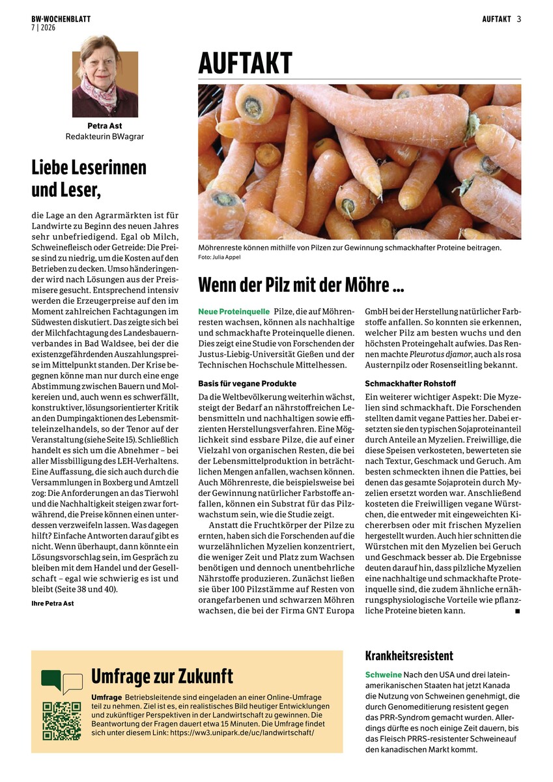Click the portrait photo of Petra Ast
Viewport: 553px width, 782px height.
tap(96, 76)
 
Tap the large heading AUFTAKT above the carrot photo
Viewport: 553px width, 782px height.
tap(245, 64)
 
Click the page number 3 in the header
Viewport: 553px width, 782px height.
tap(519, 19)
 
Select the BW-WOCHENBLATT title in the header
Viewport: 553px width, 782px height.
tap(61, 19)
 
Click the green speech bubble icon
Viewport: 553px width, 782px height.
tap(52, 680)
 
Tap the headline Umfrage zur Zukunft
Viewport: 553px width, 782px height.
tap(162, 676)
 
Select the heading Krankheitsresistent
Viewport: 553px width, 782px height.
tap(408, 656)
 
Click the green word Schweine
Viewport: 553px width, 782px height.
tap(383, 674)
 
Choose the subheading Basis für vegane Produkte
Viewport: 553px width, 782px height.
tap(247, 383)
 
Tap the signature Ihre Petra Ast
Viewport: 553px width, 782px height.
tap(53, 603)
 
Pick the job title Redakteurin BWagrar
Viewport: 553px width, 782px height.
tap(96, 137)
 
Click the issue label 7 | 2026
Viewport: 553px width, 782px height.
tap(44, 27)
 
